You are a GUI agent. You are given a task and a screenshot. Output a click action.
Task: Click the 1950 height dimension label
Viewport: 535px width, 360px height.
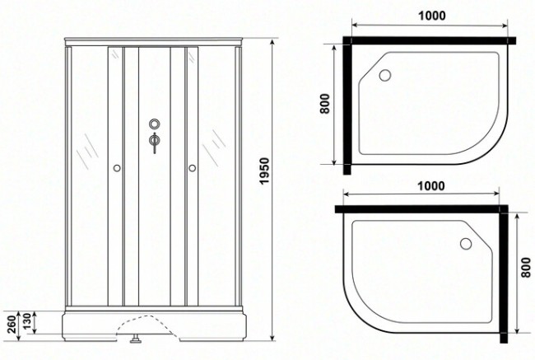click(x=264, y=171)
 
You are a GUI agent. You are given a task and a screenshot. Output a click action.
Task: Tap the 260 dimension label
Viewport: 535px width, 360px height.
click(x=12, y=324)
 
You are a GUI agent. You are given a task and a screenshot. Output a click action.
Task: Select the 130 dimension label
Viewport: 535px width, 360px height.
click(x=27, y=321)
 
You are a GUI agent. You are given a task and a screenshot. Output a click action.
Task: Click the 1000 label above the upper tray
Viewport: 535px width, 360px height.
click(x=431, y=16)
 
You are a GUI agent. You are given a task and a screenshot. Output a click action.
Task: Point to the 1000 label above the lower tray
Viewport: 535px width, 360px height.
click(x=431, y=186)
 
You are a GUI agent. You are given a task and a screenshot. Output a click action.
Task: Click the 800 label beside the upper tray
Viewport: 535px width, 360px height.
click(x=325, y=104)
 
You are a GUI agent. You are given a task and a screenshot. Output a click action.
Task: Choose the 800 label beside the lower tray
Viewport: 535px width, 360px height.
click(x=527, y=268)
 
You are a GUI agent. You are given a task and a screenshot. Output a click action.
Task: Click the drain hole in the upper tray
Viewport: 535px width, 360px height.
click(x=385, y=75)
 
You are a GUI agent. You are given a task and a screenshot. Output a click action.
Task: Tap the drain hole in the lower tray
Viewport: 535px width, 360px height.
click(x=466, y=244)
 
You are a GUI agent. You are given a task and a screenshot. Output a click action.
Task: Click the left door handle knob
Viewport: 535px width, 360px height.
click(x=117, y=168)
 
